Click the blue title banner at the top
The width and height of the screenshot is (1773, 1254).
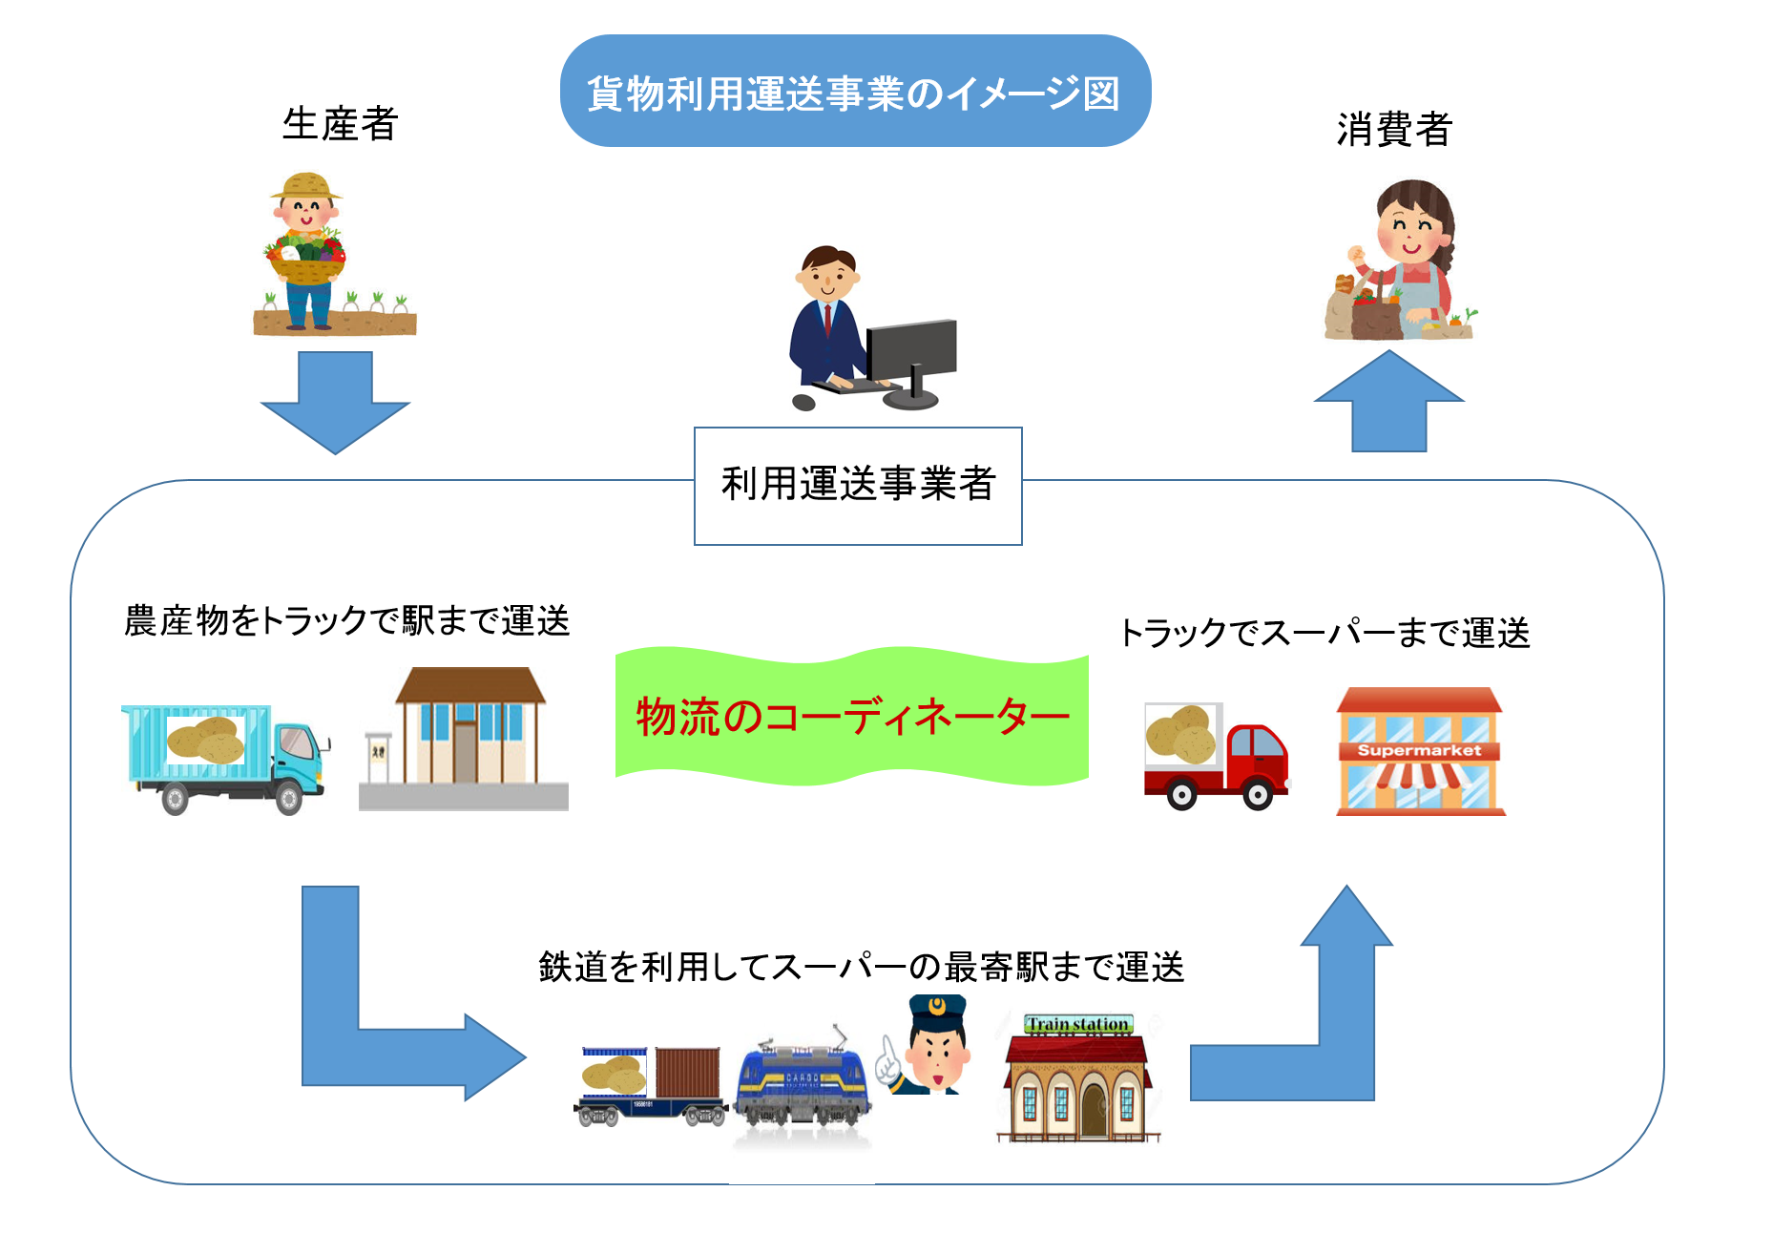tap(855, 92)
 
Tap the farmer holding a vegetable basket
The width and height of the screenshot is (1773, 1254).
tap(307, 253)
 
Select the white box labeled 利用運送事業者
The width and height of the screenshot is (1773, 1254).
tap(858, 486)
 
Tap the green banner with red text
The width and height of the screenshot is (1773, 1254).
tap(851, 716)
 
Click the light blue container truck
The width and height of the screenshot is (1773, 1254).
tap(225, 760)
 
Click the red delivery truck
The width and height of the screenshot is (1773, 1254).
tap(1218, 757)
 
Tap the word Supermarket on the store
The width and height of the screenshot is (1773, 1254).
tap(1419, 751)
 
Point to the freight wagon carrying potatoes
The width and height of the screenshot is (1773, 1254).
tap(650, 1086)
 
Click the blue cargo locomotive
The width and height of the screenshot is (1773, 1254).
tap(802, 1083)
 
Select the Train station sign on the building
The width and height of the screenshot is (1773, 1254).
tap(1078, 1025)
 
